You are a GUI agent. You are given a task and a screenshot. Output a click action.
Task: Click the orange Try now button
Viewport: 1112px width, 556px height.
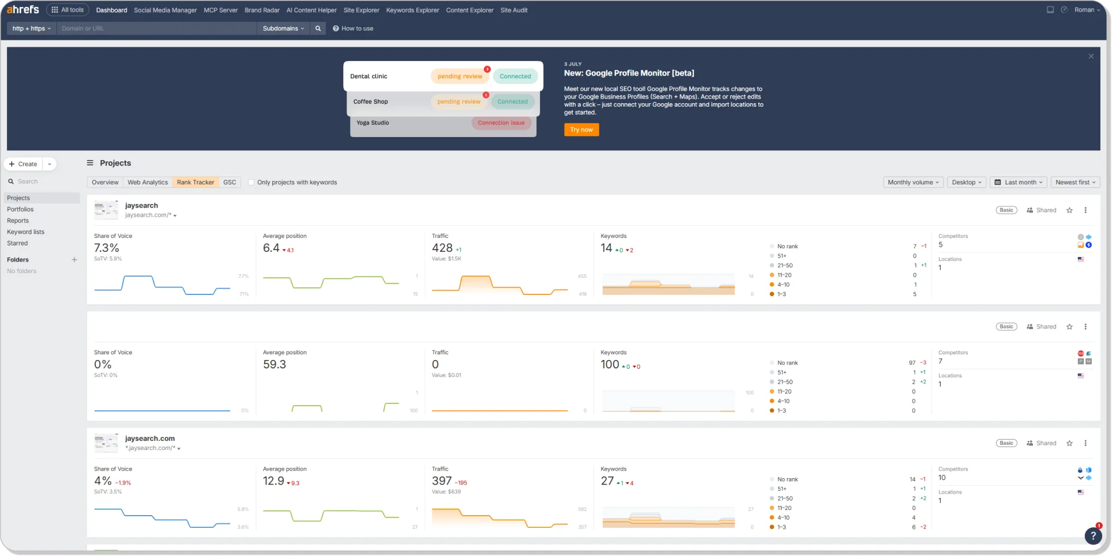(581, 130)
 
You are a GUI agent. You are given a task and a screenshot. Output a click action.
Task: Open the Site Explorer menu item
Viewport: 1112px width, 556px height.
(361, 10)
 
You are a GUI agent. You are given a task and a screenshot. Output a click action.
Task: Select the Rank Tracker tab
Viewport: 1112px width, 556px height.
(196, 182)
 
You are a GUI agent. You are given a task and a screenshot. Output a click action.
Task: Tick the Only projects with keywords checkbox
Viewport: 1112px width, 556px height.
(251, 182)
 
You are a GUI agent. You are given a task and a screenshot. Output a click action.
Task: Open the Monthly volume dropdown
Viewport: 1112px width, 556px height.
(913, 182)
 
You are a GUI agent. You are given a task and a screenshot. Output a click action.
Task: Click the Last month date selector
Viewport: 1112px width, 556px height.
(1020, 182)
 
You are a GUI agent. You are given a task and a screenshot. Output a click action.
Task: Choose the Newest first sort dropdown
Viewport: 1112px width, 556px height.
(1076, 182)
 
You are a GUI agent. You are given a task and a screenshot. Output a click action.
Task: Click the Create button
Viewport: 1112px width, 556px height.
(24, 164)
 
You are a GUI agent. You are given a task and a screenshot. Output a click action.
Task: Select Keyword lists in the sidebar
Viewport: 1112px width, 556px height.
(25, 232)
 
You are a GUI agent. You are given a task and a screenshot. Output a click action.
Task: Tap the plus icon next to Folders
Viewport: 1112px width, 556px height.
(74, 260)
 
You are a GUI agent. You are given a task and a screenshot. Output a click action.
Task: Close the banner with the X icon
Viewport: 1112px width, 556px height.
(1091, 56)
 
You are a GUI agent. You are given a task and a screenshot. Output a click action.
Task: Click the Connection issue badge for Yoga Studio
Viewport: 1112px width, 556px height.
(501, 123)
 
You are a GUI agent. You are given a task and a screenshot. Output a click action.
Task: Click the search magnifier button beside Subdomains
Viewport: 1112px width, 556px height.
(318, 28)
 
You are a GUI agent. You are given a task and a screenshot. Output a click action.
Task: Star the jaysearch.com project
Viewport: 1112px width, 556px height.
(1069, 443)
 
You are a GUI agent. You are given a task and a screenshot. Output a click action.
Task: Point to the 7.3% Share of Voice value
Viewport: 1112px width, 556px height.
(107, 248)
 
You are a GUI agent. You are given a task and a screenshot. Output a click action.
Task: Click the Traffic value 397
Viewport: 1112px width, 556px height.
(442, 481)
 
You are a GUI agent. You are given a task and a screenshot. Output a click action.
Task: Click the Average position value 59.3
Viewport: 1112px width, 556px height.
(275, 364)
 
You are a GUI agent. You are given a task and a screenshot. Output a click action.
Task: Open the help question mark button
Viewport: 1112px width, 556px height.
(1092, 536)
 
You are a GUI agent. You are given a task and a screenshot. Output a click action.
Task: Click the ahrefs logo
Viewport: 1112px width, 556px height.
(23, 9)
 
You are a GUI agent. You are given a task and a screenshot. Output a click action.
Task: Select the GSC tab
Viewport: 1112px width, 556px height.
(230, 182)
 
